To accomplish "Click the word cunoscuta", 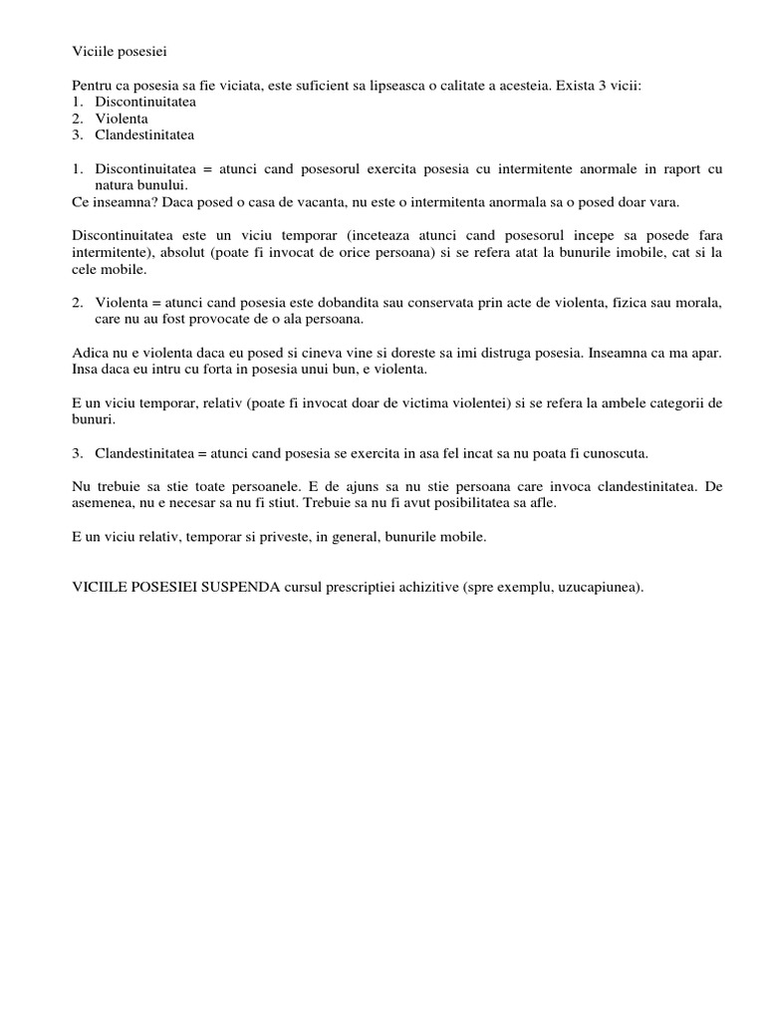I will tap(613, 453).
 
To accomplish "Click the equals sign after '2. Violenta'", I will tap(154, 303).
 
